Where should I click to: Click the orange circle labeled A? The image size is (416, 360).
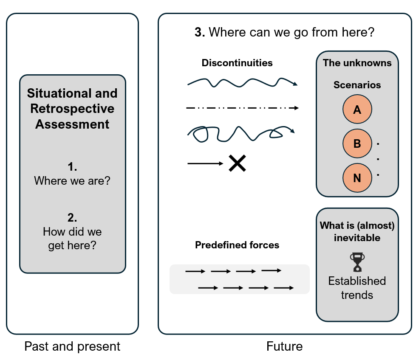(x=357, y=110)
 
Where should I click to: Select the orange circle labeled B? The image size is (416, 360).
(x=357, y=143)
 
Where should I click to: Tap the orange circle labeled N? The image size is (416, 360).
(x=357, y=178)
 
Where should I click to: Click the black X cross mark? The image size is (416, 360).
(x=237, y=163)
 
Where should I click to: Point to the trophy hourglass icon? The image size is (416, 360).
(x=357, y=262)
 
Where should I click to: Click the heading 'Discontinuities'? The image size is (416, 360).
(x=237, y=63)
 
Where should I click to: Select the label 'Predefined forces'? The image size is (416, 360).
(x=237, y=245)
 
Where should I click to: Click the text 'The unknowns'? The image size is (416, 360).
(x=357, y=63)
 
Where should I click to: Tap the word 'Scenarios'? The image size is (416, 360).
(x=357, y=85)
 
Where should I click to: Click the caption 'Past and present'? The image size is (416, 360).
(x=72, y=346)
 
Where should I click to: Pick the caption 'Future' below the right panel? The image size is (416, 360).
(x=284, y=346)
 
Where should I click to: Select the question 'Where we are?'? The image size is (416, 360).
(x=72, y=181)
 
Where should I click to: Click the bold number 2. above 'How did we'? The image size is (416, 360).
(x=72, y=218)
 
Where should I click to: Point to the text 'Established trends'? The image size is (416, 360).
(x=357, y=288)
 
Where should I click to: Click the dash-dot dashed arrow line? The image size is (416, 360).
(x=242, y=108)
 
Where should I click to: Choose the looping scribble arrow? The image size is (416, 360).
(x=240, y=133)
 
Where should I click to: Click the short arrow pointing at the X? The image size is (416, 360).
(x=205, y=163)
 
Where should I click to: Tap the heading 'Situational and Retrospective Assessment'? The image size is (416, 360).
(x=72, y=109)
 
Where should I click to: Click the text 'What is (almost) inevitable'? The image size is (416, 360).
(x=357, y=231)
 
